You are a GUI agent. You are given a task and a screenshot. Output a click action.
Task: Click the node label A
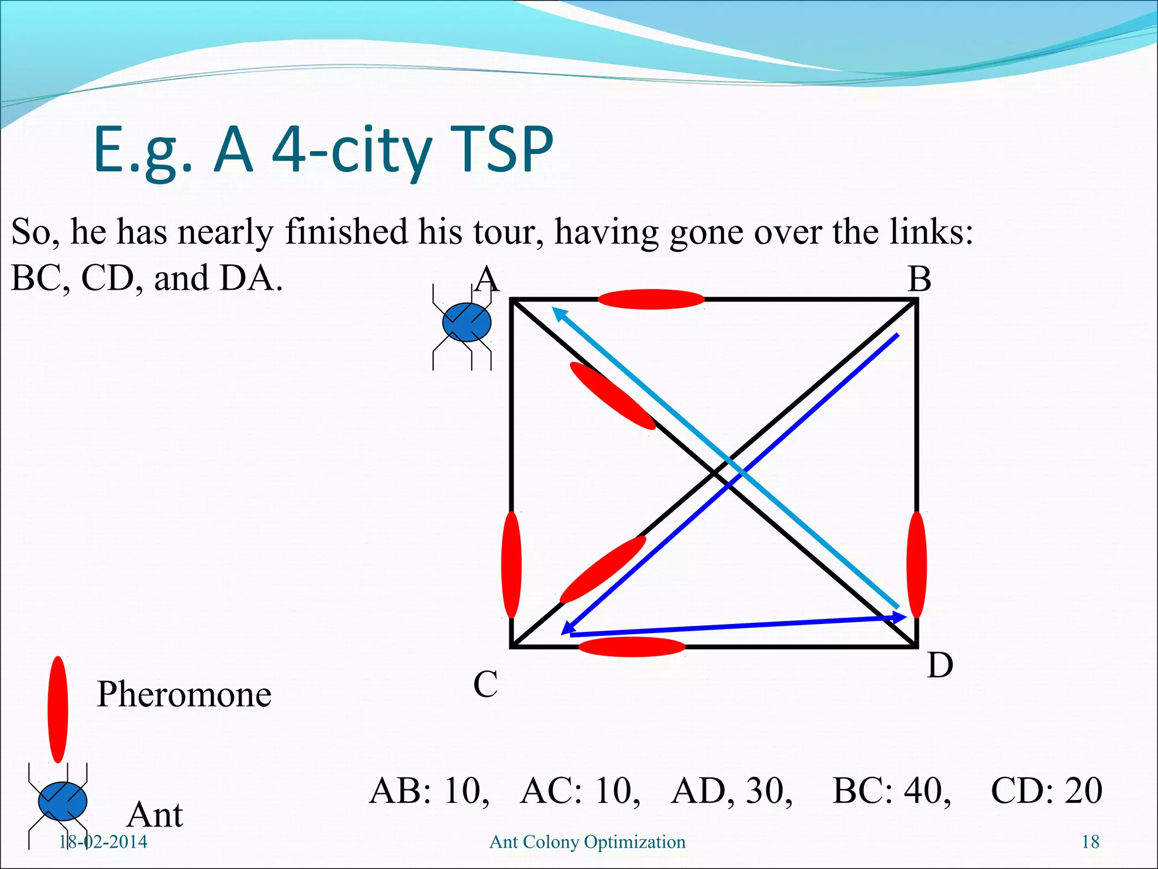tap(487, 279)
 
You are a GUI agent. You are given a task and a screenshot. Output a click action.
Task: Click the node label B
tap(919, 279)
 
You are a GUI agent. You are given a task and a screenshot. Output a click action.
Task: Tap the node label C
tap(485, 685)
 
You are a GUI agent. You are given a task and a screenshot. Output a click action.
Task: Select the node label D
tap(940, 665)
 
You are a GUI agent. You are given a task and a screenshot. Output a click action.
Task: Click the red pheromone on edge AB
tap(651, 299)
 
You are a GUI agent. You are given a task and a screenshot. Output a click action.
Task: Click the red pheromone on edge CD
tap(632, 647)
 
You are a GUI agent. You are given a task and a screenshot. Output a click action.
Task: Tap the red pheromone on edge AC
tap(511, 565)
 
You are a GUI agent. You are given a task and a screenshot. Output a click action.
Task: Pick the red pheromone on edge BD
tap(917, 565)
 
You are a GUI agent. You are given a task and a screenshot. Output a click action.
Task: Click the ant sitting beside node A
tap(466, 323)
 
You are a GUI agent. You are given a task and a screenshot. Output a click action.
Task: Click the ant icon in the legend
tap(62, 802)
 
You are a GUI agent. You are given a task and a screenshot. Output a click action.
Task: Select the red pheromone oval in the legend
tap(58, 709)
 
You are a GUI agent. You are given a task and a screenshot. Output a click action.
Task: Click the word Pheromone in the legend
tap(184, 695)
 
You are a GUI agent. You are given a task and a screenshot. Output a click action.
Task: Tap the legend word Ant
tap(155, 815)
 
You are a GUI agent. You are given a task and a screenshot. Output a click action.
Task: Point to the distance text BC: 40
tap(892, 791)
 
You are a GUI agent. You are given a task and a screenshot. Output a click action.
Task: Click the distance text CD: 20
tap(1046, 791)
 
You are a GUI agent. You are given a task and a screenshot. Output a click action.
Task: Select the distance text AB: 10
tap(429, 791)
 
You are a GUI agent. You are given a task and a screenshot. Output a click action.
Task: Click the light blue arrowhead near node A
tap(559, 313)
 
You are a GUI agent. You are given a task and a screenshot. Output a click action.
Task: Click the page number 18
tap(1090, 842)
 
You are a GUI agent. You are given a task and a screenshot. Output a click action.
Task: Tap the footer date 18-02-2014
tap(103, 842)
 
